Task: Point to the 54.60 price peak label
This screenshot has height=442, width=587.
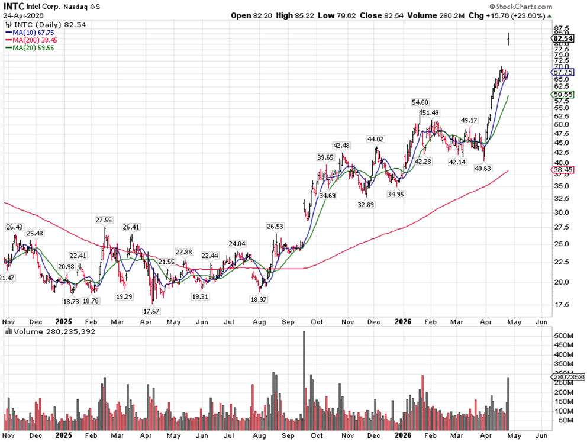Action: click(x=421, y=102)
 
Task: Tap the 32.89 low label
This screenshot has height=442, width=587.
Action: click(x=365, y=204)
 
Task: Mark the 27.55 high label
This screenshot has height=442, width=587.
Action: click(x=104, y=220)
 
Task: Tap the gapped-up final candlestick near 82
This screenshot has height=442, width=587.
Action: click(x=509, y=40)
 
